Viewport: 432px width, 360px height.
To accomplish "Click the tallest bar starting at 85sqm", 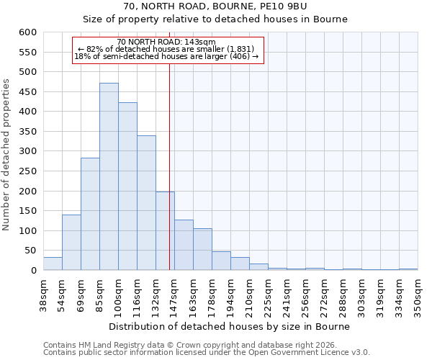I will [109, 176].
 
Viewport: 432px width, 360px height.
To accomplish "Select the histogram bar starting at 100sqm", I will [127, 186].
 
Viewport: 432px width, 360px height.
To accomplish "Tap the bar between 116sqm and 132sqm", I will [146, 203].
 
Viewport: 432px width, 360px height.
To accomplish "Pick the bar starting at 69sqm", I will [90, 214].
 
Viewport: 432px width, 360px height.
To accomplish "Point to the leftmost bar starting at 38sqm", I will [53, 264].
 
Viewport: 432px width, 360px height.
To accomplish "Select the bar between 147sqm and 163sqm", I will [184, 245].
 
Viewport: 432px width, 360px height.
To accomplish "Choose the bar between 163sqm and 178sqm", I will [202, 249].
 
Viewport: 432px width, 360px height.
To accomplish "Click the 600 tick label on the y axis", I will [27, 32].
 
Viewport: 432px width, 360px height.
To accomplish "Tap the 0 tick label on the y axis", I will [33, 271].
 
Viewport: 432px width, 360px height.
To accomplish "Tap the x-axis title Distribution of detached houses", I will [230, 326].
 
